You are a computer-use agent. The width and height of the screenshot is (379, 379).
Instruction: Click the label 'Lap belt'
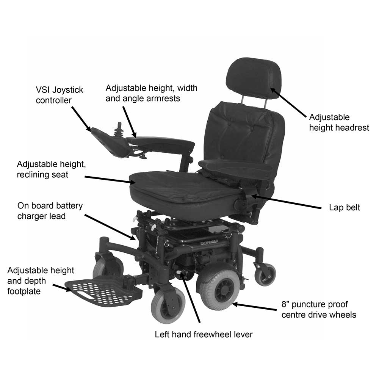(344, 208)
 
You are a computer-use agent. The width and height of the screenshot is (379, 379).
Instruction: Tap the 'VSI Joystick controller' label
(60, 96)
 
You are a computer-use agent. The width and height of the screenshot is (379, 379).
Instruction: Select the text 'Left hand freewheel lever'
(204, 335)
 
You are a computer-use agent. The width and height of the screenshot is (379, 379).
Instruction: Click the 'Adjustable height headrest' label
(339, 122)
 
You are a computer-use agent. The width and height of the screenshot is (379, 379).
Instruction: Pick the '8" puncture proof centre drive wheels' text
(318, 309)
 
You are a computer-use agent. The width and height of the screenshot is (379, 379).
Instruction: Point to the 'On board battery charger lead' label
(50, 211)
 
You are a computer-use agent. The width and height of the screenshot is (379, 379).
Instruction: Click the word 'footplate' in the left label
(24, 292)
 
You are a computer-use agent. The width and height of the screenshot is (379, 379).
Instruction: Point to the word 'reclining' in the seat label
(34, 175)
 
